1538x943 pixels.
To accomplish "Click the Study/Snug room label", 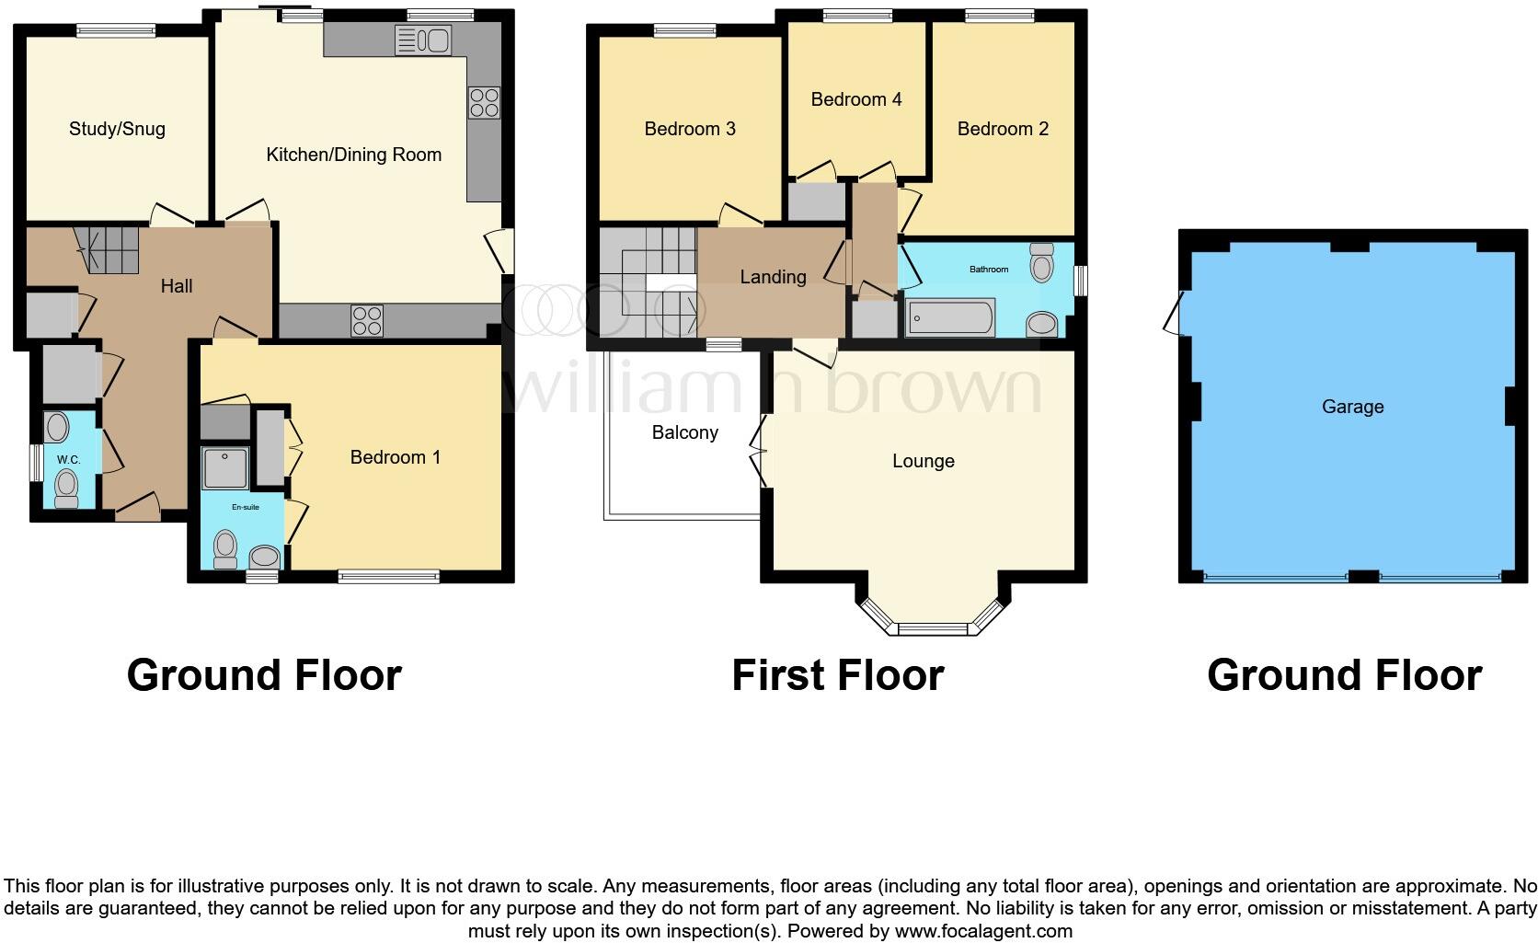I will [x=117, y=129].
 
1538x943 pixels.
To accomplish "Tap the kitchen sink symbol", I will [x=422, y=40].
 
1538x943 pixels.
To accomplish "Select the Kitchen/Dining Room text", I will [x=353, y=155].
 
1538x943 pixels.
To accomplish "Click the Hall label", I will [x=177, y=286].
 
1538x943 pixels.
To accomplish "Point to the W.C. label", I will [x=68, y=459].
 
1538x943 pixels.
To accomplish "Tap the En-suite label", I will [x=245, y=507].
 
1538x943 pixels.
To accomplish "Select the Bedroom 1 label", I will [x=395, y=457].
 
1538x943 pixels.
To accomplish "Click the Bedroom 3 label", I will [x=689, y=129].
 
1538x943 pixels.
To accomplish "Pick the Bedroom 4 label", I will [x=855, y=99].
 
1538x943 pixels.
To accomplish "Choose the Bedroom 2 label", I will [x=1002, y=129].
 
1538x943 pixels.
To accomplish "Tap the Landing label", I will [x=773, y=277].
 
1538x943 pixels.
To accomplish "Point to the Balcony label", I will [x=684, y=432].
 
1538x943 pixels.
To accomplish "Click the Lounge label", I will [x=923, y=461].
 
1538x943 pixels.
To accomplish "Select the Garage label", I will [x=1352, y=407].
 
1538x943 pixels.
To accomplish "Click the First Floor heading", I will [x=837, y=675].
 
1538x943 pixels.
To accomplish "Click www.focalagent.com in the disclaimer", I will [x=982, y=931].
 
